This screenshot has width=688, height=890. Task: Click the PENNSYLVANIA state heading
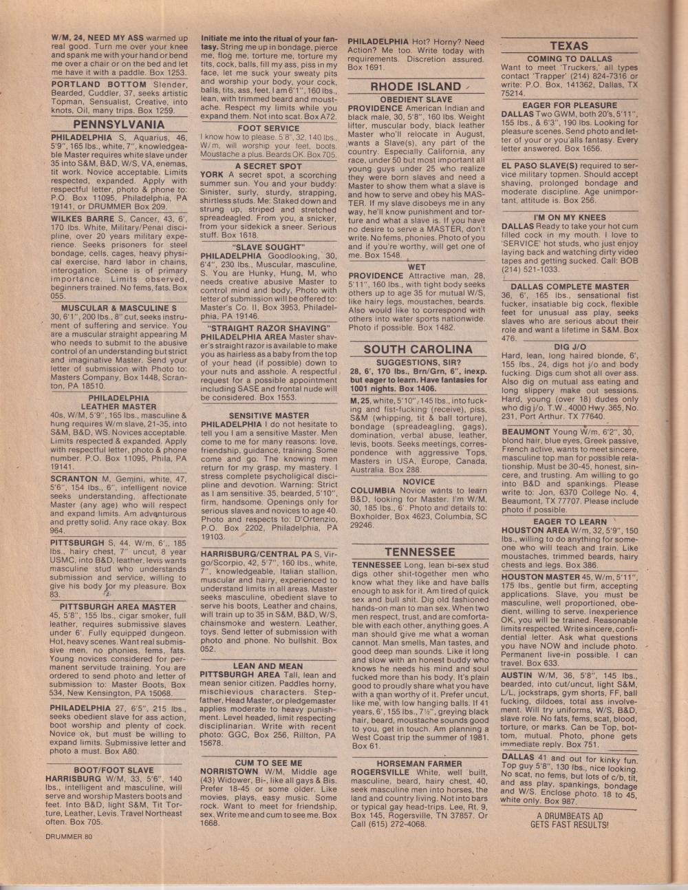pos(119,125)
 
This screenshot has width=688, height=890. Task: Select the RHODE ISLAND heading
pos(415,87)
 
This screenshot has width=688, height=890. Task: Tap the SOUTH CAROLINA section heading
pos(418,349)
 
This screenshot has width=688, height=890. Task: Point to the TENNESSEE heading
pos(420,552)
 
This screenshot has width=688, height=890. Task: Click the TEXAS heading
pos(568,46)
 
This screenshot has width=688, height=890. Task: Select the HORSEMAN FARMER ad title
pos(418,763)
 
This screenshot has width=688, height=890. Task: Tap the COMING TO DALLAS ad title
pos(569,59)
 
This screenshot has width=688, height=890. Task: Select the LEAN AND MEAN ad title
pos(268,666)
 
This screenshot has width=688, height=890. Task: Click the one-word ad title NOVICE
pos(418,482)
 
